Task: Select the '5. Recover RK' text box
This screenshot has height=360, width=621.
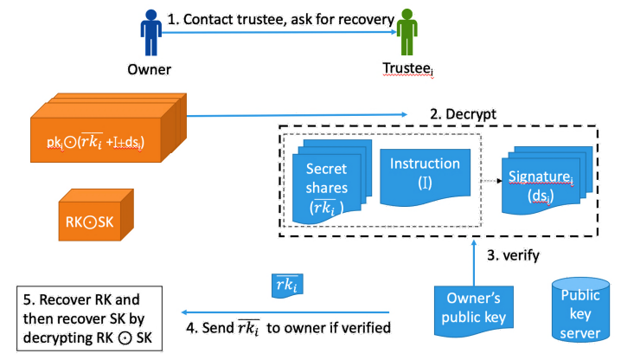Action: coord(86,317)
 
